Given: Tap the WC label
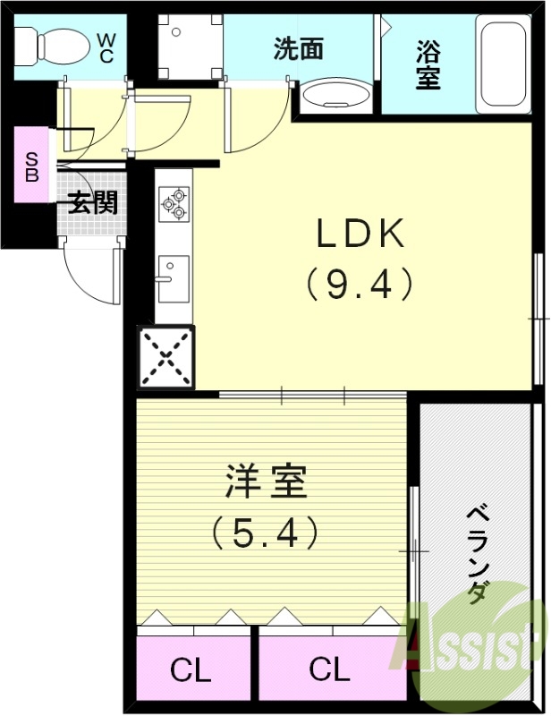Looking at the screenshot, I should tap(106, 47).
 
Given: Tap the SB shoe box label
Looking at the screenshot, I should tap(31, 166).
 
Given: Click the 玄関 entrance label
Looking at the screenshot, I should tap(92, 203).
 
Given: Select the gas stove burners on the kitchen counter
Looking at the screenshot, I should tap(173, 204).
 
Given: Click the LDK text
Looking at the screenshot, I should tap(360, 234).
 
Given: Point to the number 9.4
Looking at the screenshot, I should tap(360, 285).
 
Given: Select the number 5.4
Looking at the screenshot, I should tap(266, 534).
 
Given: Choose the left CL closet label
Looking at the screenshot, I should tap(191, 669).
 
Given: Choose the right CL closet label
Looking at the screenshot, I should tap(329, 669).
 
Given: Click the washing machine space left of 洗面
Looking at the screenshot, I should tap(190, 47).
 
